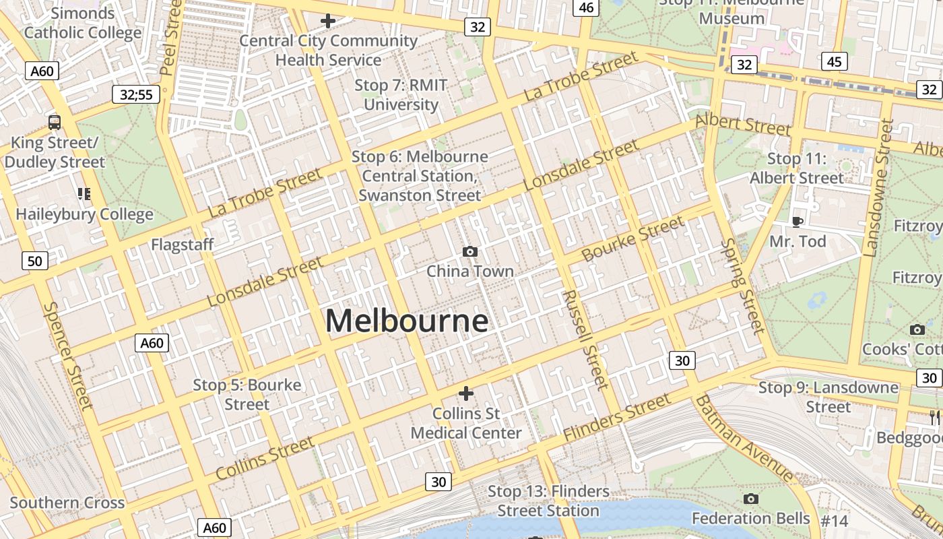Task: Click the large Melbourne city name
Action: [x=407, y=321]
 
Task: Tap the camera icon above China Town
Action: [x=470, y=251]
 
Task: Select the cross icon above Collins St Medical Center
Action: [x=465, y=393]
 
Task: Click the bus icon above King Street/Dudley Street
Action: [x=55, y=123]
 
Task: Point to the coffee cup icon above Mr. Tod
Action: [x=798, y=222]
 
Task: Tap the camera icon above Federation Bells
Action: [x=751, y=499]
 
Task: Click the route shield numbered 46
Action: [x=586, y=7]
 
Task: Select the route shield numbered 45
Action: [x=834, y=62]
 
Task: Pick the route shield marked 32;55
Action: [x=135, y=94]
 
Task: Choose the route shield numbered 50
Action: [x=35, y=261]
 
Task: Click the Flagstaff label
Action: [x=182, y=245]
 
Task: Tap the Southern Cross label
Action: [x=67, y=503]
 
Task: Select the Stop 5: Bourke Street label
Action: [x=247, y=394]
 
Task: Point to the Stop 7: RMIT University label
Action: [x=401, y=95]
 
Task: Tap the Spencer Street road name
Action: [x=67, y=355]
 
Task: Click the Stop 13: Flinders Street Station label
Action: [x=548, y=501]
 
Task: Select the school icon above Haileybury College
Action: [x=84, y=194]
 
